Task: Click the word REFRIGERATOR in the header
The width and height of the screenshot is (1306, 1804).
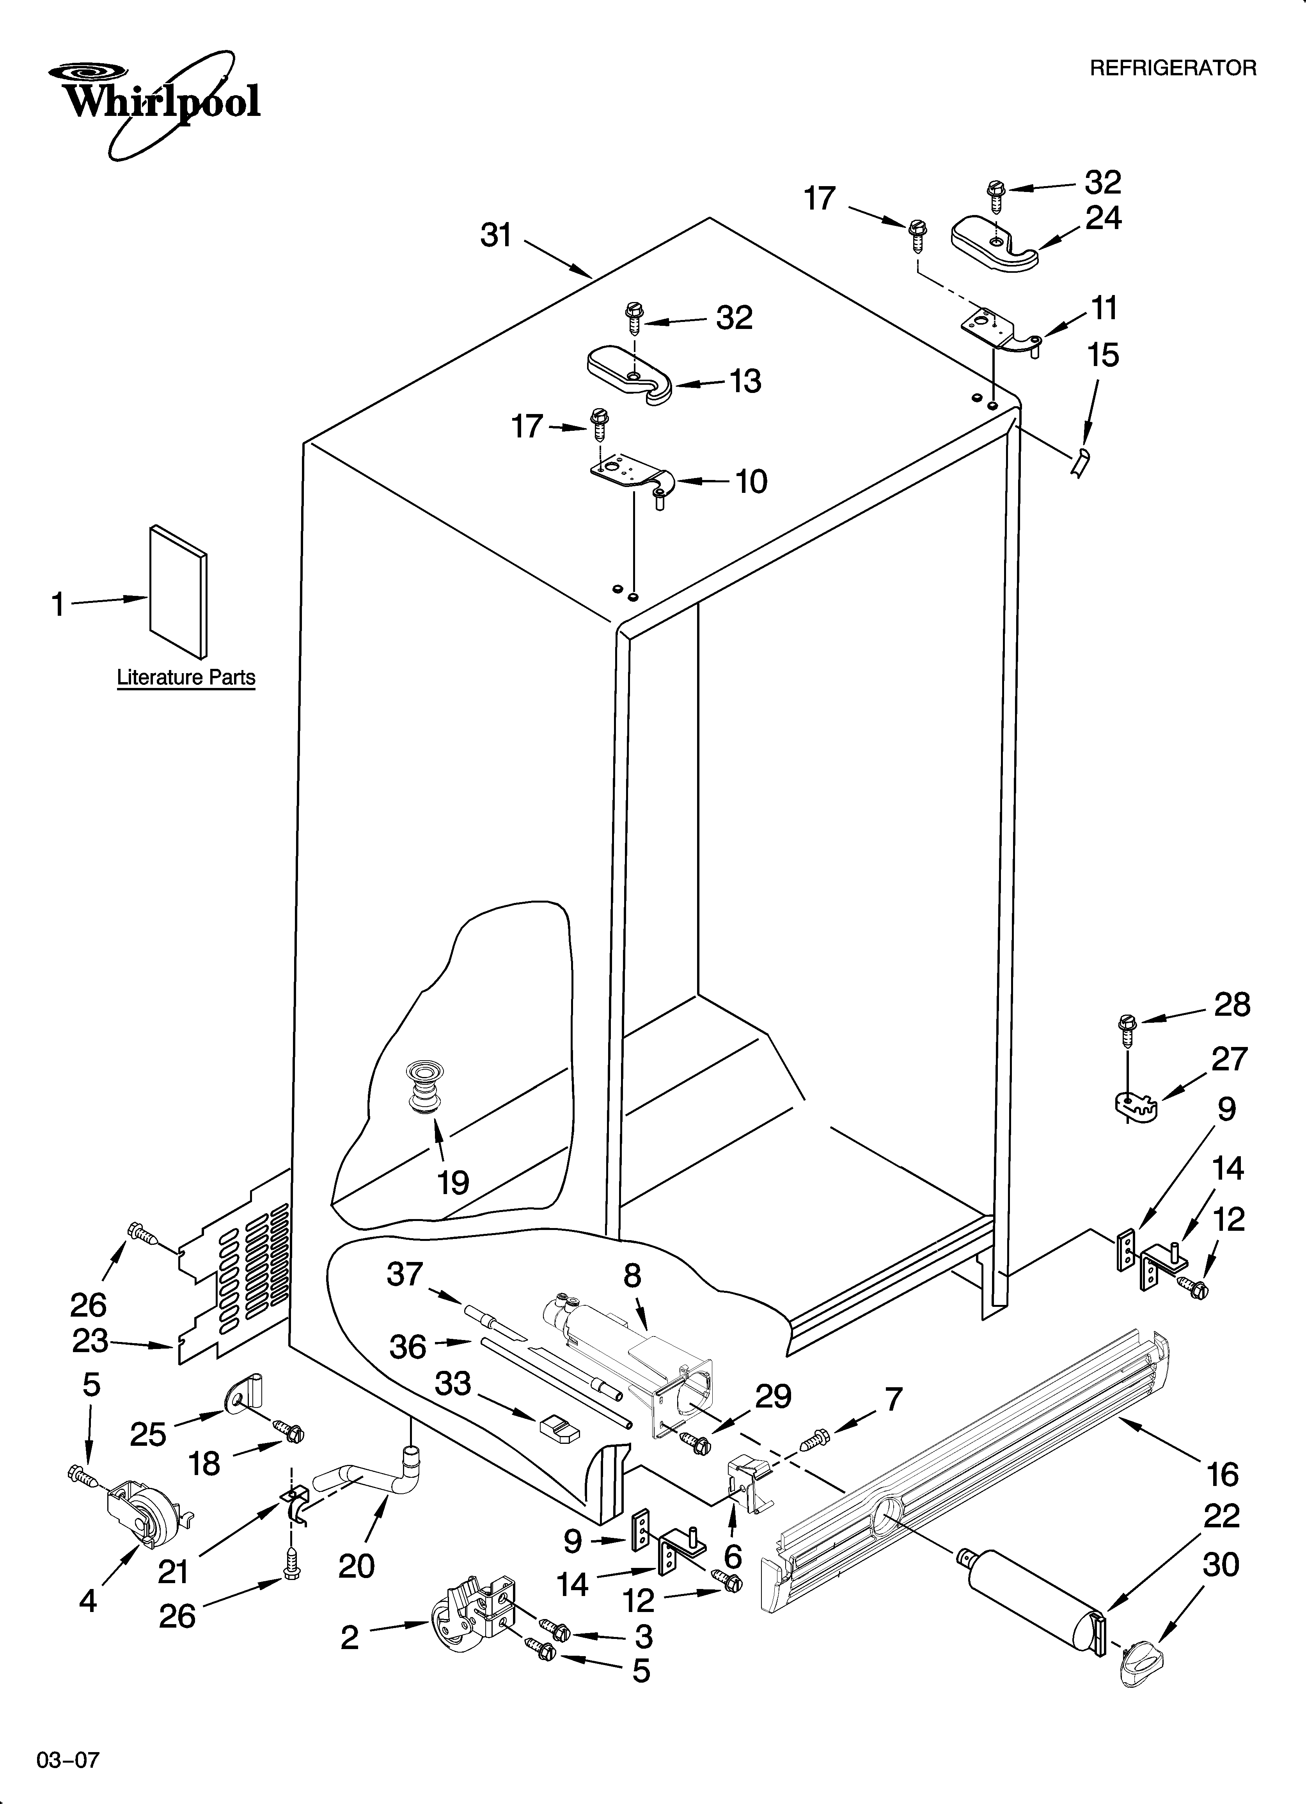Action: (x=1172, y=68)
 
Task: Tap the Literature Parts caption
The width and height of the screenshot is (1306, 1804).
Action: (x=186, y=678)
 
